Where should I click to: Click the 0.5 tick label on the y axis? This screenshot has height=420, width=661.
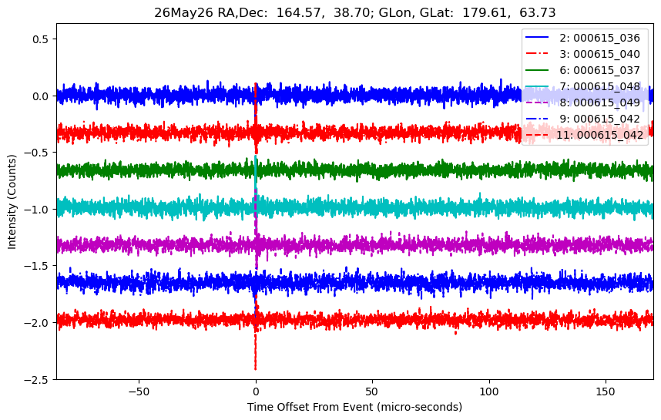[x=42, y=39]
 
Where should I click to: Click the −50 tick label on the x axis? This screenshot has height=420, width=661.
[x=139, y=391]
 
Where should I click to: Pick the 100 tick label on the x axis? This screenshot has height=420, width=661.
[x=489, y=391]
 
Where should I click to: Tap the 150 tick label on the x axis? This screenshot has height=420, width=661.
[x=606, y=391]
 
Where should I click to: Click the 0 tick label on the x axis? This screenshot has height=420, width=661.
[x=256, y=391]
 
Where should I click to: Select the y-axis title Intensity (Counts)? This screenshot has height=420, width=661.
[x=12, y=202]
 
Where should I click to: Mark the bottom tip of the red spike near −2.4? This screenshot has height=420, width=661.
[x=256, y=370]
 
